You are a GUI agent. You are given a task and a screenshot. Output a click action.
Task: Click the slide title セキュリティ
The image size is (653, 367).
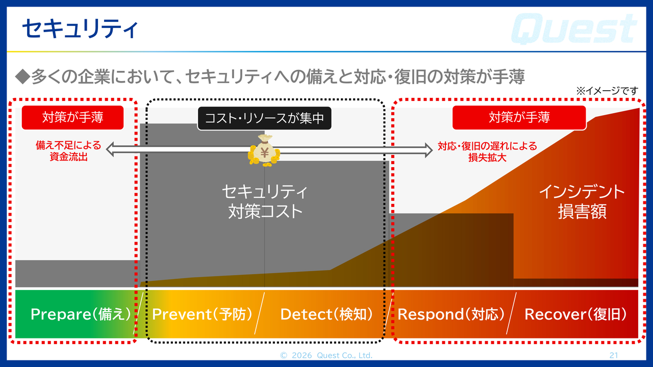80,29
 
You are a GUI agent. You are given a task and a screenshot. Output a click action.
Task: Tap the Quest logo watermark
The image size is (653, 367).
574,29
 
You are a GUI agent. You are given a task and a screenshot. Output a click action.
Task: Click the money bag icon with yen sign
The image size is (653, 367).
264,150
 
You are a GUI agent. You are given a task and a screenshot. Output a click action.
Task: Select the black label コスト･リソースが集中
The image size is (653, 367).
264,118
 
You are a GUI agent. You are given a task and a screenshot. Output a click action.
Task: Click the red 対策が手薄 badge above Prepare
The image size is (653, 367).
72,117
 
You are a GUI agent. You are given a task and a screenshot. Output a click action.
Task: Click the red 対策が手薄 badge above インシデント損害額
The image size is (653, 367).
519,117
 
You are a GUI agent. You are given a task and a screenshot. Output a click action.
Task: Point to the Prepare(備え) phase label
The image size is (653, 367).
81,314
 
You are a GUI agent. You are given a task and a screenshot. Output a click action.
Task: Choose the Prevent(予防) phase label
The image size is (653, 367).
202,314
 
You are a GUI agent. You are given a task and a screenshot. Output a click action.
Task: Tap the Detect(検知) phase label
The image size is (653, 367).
326,314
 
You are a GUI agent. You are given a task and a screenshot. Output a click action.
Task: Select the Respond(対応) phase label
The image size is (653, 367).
451,314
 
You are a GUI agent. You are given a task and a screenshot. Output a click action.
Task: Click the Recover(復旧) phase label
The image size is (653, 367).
576,314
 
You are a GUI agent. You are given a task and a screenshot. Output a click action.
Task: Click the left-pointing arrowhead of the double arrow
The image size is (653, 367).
110,149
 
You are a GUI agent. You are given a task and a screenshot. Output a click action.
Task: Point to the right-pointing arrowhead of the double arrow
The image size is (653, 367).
429,150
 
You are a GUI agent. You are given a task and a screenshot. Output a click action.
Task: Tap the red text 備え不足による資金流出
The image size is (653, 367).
68,151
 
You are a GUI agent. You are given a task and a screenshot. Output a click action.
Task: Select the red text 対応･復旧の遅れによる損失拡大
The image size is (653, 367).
487,152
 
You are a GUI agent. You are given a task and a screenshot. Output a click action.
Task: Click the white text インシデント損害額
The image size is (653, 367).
582,202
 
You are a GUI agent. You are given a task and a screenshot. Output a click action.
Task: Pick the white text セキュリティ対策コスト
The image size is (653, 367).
265,202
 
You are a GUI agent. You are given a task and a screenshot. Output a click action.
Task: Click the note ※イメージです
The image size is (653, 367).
607,91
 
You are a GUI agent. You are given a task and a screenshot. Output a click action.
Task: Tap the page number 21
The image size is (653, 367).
614,355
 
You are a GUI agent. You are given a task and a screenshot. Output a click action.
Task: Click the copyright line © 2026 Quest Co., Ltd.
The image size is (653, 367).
326,355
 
